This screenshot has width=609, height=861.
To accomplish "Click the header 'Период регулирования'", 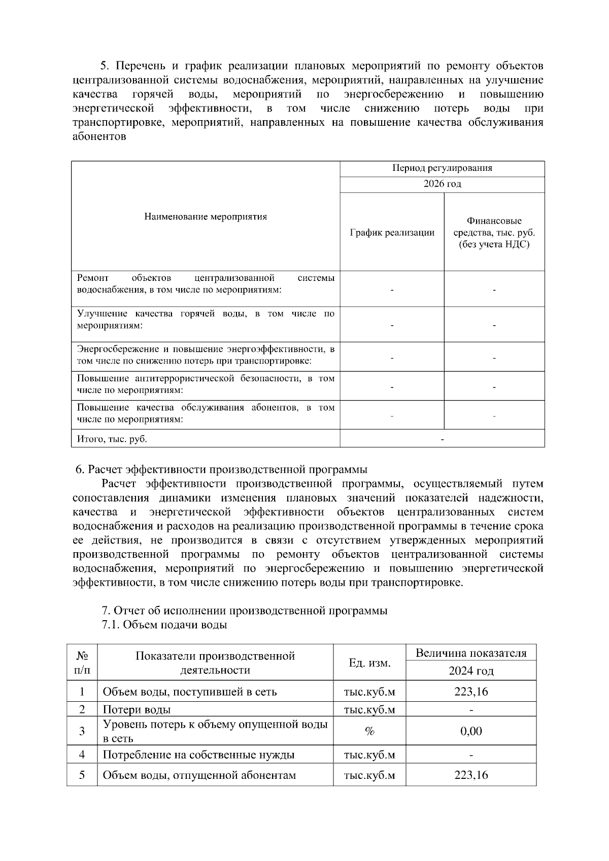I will pos(442,168).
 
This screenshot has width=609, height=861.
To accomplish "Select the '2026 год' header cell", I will pos(442,184).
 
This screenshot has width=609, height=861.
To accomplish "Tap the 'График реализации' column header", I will pos(392,233).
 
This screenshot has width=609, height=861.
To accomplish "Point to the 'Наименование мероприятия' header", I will pos(206,217).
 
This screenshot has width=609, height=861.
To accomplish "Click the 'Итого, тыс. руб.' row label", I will pos(112,439).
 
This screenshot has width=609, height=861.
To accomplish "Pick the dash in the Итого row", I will pos(442,439).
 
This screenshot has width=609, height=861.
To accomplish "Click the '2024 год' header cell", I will pos(470,671).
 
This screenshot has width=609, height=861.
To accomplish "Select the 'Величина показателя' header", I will pos(470,653).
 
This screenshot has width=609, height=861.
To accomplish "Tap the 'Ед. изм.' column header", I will pos(369,663).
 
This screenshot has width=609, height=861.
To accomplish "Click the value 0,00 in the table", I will pos(470,731).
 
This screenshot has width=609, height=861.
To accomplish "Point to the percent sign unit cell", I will pos(369,731).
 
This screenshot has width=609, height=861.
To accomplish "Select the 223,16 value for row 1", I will pos(470,691).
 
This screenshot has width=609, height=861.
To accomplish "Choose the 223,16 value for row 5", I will pos(470,775).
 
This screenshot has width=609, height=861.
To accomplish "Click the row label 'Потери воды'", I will pos(137,709).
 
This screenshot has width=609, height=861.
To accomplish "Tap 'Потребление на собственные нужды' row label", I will pos(198,755).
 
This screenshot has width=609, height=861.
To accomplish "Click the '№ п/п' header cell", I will pos(82,663).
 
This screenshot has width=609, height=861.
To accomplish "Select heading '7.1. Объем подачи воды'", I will pos(164,625).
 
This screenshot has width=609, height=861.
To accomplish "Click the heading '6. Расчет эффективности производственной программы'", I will pos(221,470).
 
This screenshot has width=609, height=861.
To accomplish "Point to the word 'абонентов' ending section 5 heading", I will pos(99,137).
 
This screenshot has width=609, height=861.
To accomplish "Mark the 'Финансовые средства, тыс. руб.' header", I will pos(494,233).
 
